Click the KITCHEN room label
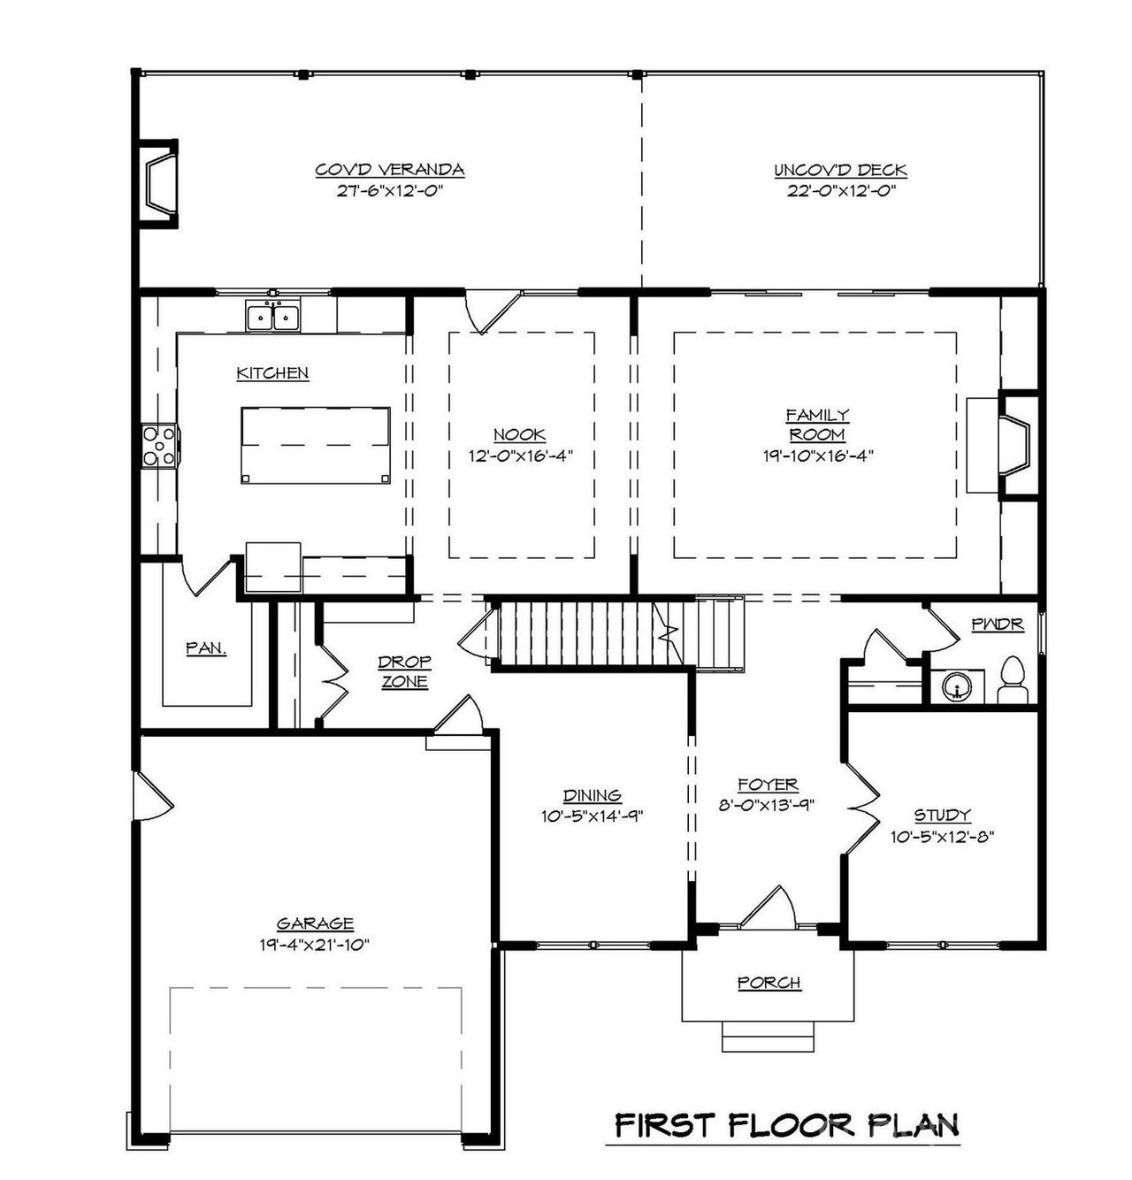(x=272, y=373)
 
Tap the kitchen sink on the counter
(x=272, y=316)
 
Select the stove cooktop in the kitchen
(x=160, y=445)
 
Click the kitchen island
(x=316, y=445)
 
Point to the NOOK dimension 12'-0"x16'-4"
(x=520, y=456)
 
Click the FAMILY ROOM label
(x=818, y=425)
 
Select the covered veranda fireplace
(x=160, y=185)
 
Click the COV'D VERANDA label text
(x=390, y=170)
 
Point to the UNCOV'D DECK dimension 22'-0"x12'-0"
(x=840, y=190)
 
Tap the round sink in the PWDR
(x=957, y=686)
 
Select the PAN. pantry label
(x=206, y=648)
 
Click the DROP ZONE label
(x=404, y=671)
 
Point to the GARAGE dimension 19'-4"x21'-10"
(x=314, y=945)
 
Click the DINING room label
(x=592, y=795)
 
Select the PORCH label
(x=769, y=983)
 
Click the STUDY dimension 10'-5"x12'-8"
(x=943, y=836)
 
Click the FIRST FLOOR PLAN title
(x=786, y=1126)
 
